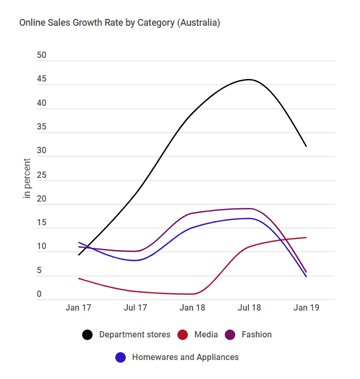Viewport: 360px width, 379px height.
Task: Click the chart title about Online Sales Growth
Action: coord(119,23)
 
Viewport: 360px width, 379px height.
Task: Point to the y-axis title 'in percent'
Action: coord(27,178)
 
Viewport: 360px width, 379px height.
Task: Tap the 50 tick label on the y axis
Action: coord(42,55)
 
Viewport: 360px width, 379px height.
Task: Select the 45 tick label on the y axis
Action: coord(42,79)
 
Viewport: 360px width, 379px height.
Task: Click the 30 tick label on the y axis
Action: coord(42,151)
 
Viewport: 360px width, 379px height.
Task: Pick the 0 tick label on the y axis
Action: coord(39,294)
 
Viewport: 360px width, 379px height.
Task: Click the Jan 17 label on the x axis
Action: coord(78,308)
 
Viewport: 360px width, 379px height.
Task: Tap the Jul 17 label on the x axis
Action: coord(135,308)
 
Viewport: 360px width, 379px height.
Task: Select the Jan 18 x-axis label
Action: coord(192,308)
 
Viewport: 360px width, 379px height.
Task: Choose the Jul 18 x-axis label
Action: coord(249,308)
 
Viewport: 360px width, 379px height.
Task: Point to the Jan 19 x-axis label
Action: coord(306,308)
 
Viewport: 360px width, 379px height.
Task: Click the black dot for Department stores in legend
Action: coord(88,335)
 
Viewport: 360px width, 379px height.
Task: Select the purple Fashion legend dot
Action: coord(230,335)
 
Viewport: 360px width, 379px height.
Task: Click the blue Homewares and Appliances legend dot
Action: coord(121,357)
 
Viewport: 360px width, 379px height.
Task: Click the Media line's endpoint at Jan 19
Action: coord(306,237)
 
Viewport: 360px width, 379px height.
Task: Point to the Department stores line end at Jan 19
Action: coord(306,146)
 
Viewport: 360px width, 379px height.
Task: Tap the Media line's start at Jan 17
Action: coord(78,278)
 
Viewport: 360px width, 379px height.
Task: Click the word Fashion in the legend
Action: coord(256,335)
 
